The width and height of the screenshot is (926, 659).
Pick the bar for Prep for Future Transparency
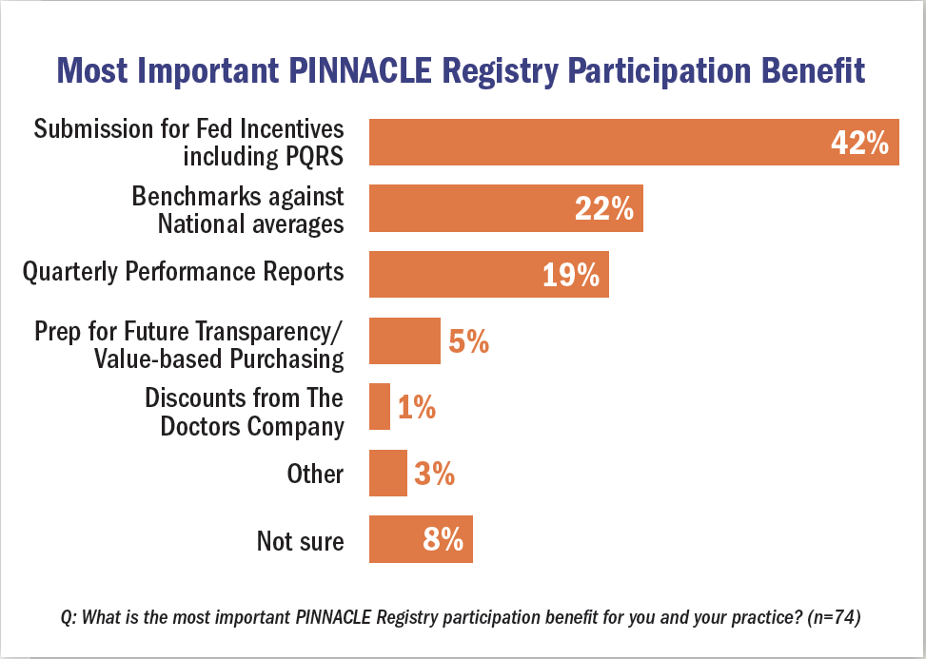pos(404,340)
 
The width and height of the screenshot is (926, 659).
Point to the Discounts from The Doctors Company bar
pos(379,407)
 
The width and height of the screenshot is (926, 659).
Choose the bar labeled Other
pos(387,473)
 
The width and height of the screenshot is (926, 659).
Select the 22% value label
pos(603,209)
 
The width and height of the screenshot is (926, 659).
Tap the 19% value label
pos(571,276)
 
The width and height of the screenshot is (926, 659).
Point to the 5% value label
pos(468,341)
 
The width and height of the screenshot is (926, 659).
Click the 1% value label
pos(416,408)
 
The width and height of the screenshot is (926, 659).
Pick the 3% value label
pos(434,474)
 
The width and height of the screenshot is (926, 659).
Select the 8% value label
pos(443,540)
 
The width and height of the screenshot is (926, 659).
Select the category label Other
pos(315,474)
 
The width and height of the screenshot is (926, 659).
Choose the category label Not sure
pos(300,540)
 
